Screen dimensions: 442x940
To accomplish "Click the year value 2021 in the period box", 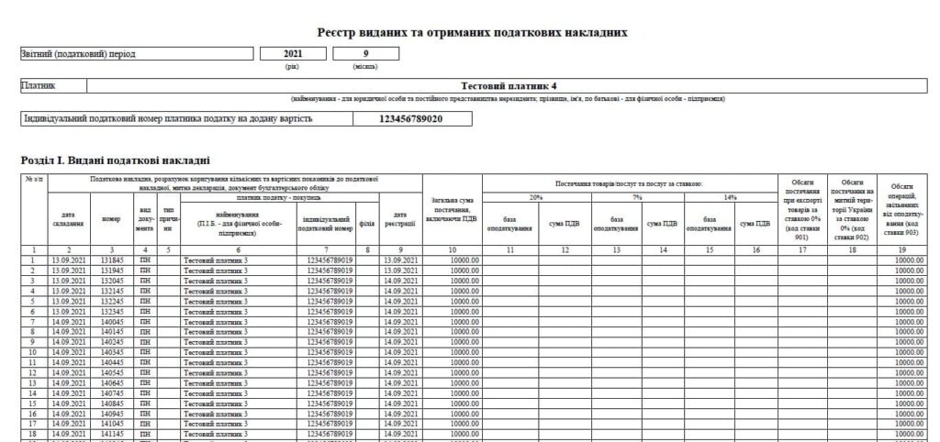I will (294, 54).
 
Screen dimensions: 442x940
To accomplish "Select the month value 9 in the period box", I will (365, 54).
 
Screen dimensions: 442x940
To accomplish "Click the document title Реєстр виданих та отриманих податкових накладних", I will (472, 32).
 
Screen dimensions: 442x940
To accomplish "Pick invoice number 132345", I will (111, 312).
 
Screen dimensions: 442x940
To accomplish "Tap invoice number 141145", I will (111, 435).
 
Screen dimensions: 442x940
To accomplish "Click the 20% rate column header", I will (537, 197).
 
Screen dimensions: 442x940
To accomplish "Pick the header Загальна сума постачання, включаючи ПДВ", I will (452, 210).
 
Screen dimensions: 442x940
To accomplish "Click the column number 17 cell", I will (801, 249).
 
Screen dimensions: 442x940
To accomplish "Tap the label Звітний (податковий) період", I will (78, 54).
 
